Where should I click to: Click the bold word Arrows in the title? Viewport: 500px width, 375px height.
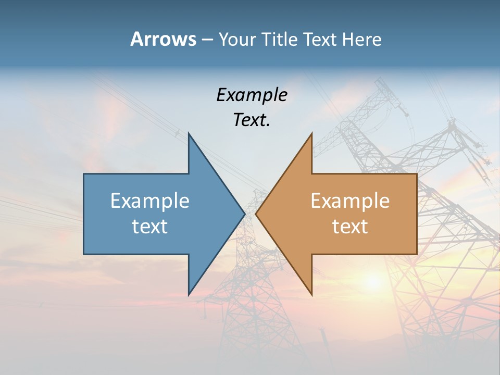(x=163, y=39)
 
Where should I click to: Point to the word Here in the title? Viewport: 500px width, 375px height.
(x=362, y=39)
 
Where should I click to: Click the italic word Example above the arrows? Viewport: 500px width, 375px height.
(x=252, y=95)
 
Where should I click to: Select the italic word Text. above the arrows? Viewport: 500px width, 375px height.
(x=252, y=120)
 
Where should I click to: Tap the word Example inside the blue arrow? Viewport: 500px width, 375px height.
(x=150, y=201)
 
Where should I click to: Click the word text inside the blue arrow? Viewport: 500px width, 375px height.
(x=150, y=226)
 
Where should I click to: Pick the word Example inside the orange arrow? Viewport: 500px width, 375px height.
(x=350, y=201)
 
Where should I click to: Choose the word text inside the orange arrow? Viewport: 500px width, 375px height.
(x=350, y=226)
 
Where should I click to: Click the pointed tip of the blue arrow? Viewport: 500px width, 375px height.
(x=244, y=214)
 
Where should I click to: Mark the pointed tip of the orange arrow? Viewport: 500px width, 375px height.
(x=256, y=214)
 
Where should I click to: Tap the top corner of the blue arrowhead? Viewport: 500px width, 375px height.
(x=189, y=134)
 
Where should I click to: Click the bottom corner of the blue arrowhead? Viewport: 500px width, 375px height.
(x=189, y=294)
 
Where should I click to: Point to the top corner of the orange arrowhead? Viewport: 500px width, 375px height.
(x=311, y=134)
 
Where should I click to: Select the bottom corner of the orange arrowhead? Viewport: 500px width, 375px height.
(x=311, y=294)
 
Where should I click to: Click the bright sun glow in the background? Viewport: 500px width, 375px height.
(x=373, y=282)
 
